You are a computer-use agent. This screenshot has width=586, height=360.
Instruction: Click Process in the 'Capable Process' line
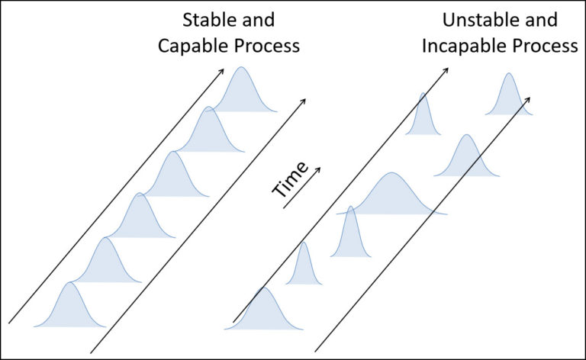coord(261,45)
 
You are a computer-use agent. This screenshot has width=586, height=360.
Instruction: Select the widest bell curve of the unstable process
coord(391,195)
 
